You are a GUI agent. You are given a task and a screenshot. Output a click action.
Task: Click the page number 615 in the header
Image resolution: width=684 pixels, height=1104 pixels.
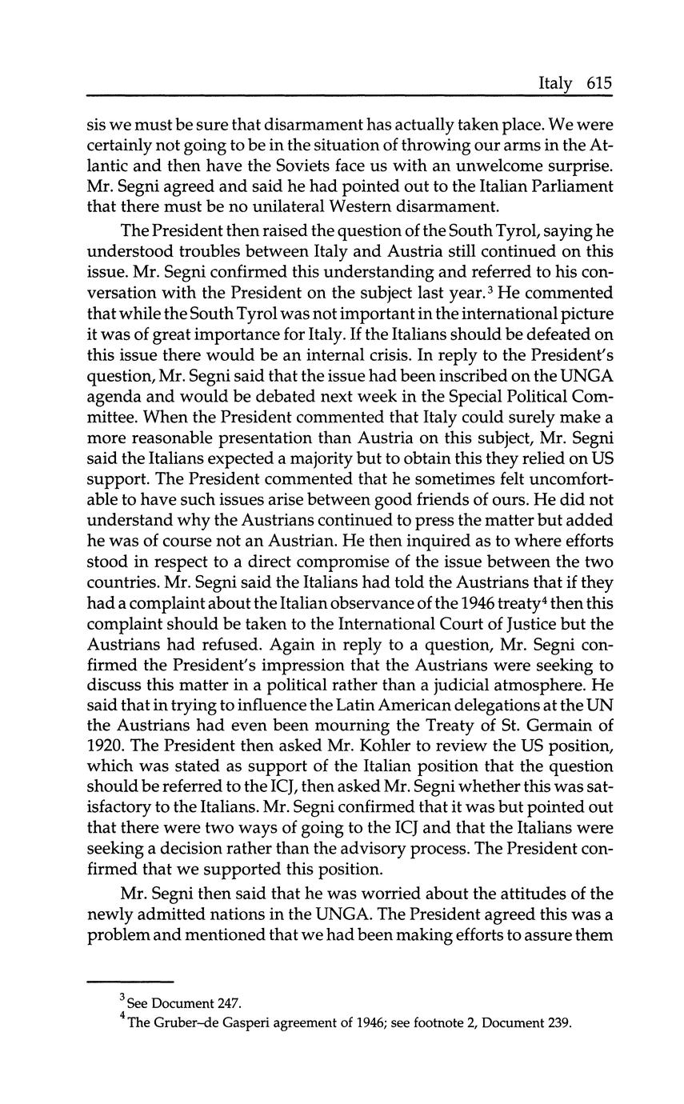(598, 83)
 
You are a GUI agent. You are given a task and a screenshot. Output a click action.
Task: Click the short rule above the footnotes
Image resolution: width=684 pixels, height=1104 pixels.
(130, 982)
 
